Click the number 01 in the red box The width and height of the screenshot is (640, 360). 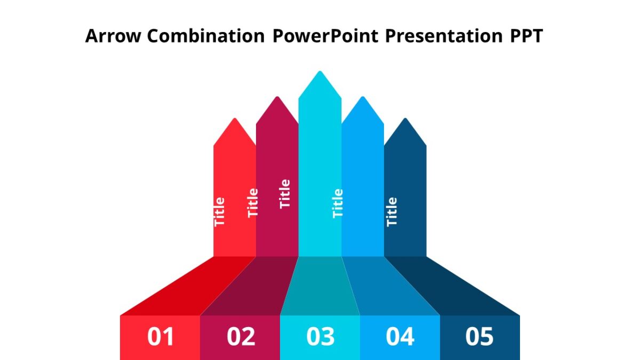[x=161, y=337]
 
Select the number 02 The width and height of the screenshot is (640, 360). [x=241, y=337]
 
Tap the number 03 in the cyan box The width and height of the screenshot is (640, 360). [x=320, y=337]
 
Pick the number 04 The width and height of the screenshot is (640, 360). [x=400, y=337]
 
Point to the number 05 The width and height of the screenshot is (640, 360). [x=479, y=337]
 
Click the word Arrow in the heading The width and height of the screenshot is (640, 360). [x=113, y=36]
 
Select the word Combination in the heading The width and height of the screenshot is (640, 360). [x=205, y=36]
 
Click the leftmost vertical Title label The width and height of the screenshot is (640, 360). [x=220, y=212]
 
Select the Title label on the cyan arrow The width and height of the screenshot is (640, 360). [x=338, y=203]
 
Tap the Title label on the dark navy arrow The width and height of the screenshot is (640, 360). [x=392, y=212]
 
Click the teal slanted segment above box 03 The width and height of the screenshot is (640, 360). [x=320, y=285]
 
